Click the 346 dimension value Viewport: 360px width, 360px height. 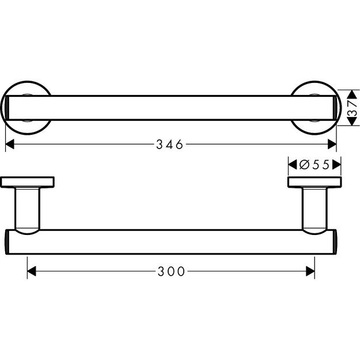coord(169,145)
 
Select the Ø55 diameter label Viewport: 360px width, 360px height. coord(314,165)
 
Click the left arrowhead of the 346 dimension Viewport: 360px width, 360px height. coord(10,145)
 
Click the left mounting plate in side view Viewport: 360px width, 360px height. coord(27,183)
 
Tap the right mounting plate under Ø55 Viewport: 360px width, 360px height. coord(314,183)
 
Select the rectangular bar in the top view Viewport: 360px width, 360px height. coord(171,107)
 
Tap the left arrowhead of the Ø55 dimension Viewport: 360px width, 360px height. coord(291,165)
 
